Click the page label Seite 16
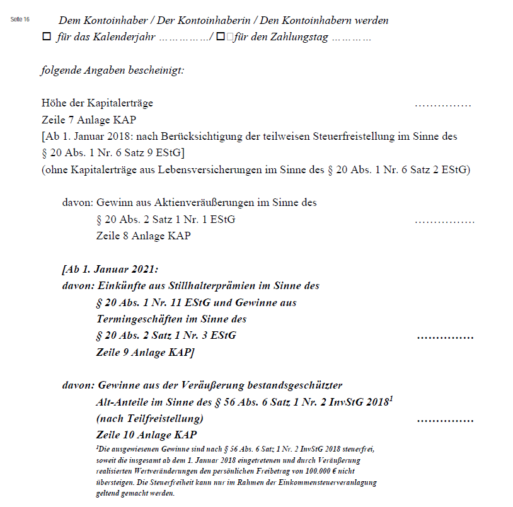[x=20, y=20]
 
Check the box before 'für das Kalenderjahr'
[x=46, y=38]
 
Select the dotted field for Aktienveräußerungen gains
[x=444, y=220]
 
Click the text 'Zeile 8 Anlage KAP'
[x=143, y=236]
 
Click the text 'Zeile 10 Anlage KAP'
[x=146, y=435]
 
